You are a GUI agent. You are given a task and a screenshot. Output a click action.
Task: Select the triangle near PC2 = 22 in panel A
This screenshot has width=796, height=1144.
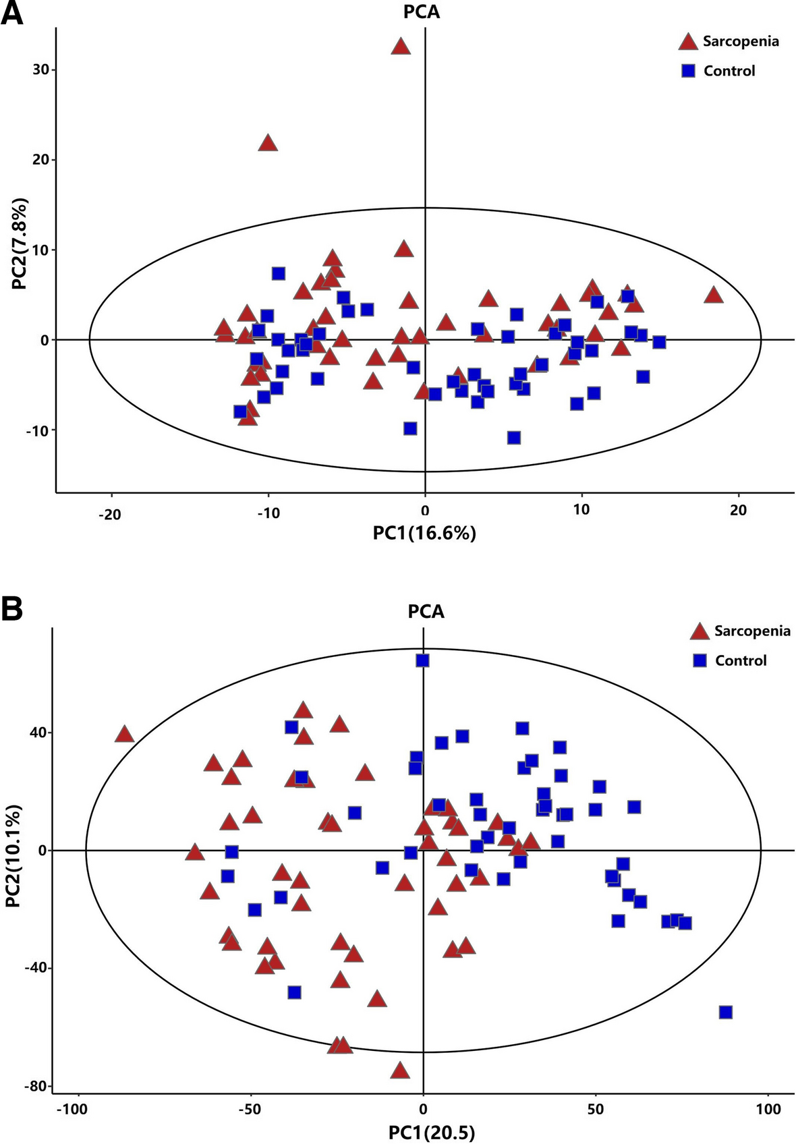coord(268,143)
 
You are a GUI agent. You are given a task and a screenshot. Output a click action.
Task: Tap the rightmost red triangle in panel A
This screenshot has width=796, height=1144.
coord(714,295)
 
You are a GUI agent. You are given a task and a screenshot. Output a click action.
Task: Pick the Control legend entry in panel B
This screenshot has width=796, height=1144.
coord(730,660)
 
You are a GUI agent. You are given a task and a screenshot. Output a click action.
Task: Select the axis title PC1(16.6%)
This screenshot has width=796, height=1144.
coord(424,534)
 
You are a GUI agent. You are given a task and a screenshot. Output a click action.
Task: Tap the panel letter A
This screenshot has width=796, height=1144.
coord(11,13)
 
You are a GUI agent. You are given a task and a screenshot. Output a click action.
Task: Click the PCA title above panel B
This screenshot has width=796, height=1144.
coord(426,612)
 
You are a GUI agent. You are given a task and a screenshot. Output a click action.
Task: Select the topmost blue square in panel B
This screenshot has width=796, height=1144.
coord(423,660)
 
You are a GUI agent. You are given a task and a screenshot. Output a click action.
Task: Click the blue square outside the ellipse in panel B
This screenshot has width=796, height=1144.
coord(726,1012)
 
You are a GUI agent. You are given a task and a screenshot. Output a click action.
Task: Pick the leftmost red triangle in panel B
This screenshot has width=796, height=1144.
coord(125,734)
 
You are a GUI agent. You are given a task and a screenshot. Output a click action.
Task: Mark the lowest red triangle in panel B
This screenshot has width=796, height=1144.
coord(401,1070)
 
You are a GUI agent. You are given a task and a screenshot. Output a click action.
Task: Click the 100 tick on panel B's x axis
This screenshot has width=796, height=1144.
coord(768,1110)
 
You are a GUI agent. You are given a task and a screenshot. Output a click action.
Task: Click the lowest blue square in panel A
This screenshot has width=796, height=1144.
coord(514,438)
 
